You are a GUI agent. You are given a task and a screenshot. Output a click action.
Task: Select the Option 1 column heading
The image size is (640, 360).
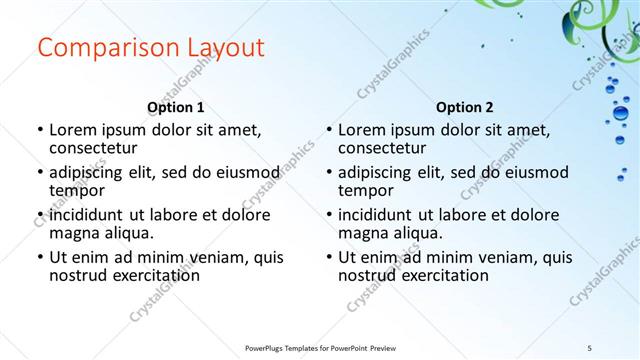coord(176,107)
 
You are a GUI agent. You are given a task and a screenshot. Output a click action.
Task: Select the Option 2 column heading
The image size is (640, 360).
coord(464,107)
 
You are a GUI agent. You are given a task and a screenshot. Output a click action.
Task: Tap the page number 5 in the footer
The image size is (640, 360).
coord(590,347)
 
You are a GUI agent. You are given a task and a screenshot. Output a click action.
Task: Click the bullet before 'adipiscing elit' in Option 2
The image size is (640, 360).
coord(328,172)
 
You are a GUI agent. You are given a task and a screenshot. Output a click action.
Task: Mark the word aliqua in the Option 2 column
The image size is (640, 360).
coord(417,233)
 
